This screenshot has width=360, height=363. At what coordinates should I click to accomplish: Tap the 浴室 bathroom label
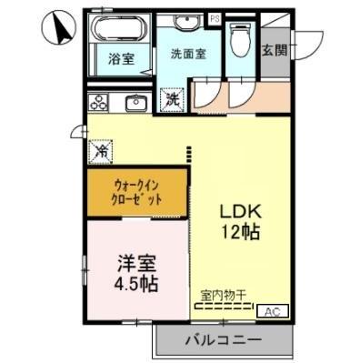coord(122,59)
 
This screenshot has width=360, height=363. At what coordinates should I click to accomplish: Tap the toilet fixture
coord(241,41)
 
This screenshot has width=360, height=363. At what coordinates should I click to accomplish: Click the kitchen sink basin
coord(136,102)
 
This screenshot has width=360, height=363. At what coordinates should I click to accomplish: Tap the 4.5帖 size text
coord(136,284)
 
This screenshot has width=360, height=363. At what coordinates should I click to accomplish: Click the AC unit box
coord(271,312)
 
